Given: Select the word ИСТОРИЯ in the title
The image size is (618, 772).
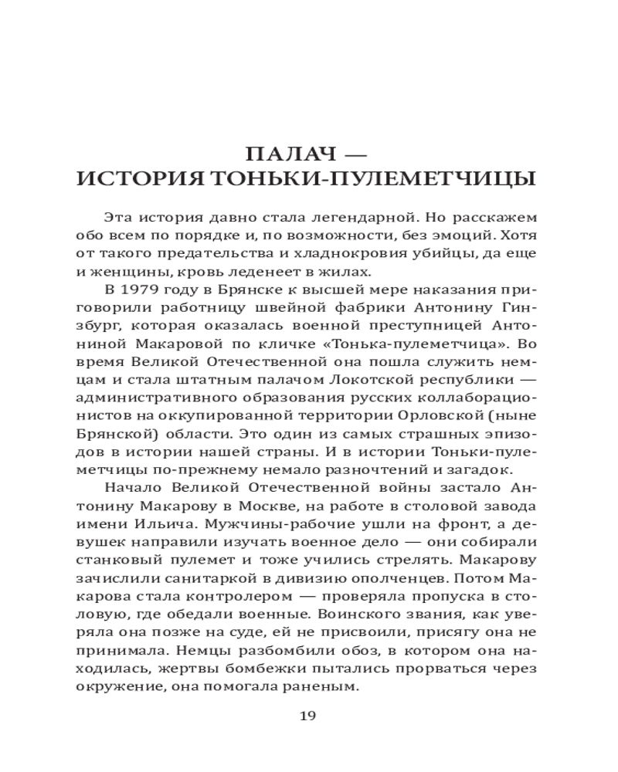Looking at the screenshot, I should pyautogui.click(x=148, y=180).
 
